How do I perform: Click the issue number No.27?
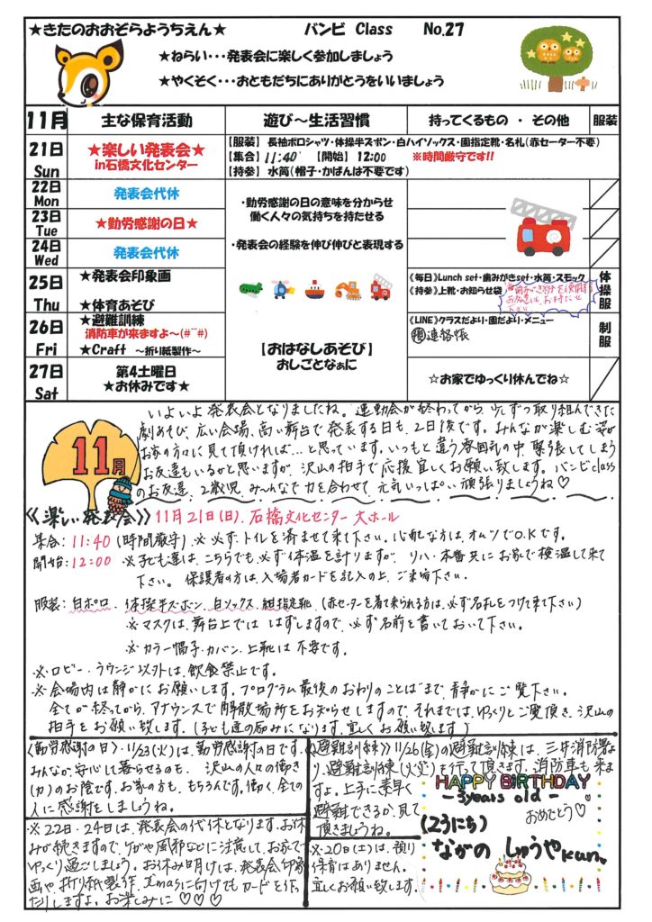[x=443, y=29]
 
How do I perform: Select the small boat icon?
[x=314, y=290]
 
